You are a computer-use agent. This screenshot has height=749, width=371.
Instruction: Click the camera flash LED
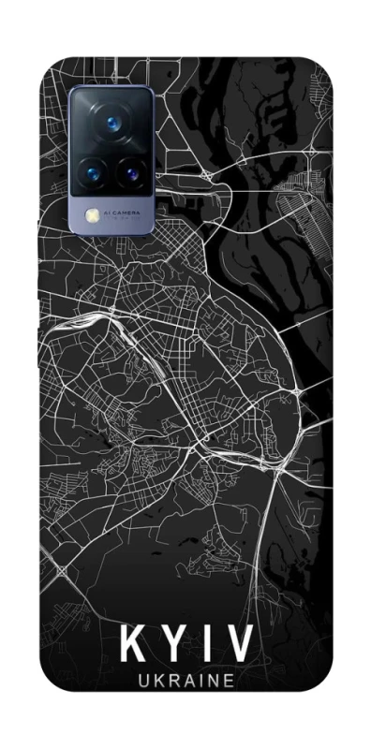[x=93, y=215]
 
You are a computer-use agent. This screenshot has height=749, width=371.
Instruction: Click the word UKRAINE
[x=185, y=684]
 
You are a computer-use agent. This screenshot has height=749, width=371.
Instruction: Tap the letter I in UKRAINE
[x=200, y=684]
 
